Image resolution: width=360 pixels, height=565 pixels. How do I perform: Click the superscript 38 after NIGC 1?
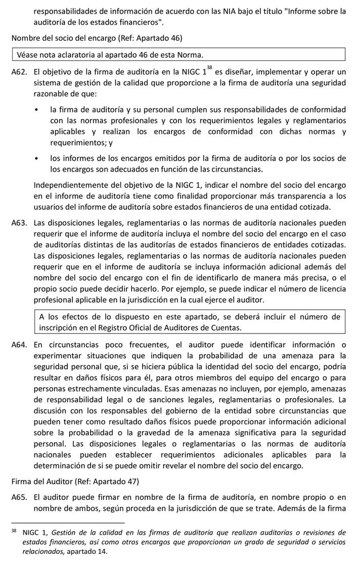(x=210, y=68)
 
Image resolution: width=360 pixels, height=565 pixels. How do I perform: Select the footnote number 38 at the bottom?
(x=14, y=531)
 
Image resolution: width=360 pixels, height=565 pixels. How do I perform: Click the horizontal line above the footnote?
(x=68, y=523)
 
